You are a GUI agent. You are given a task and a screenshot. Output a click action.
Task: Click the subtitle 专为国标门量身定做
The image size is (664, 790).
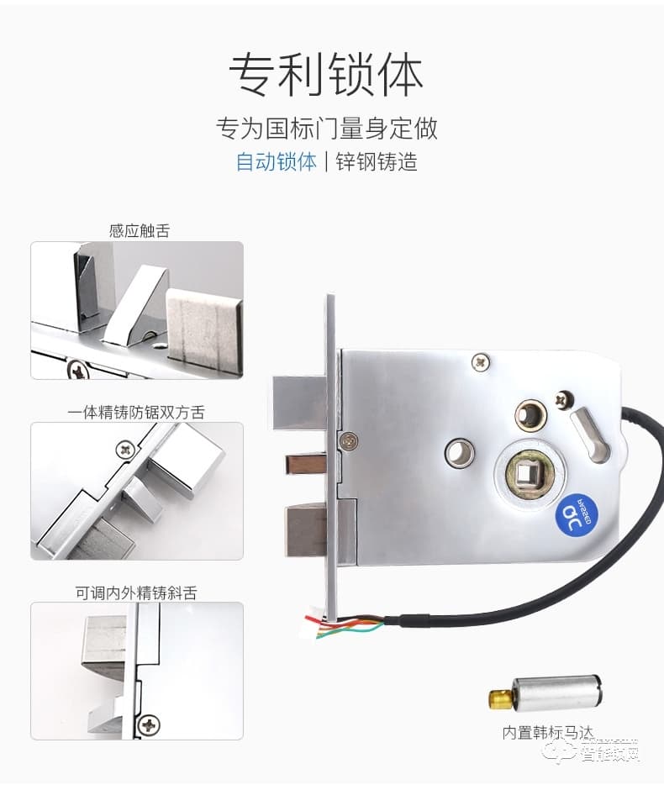[x=327, y=129]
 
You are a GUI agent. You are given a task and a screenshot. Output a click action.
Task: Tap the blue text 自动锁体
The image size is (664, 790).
[x=276, y=161]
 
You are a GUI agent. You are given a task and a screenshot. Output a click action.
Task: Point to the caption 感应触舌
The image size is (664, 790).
[x=139, y=230]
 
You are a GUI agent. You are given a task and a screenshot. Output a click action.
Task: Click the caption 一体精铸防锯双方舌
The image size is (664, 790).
[x=136, y=412]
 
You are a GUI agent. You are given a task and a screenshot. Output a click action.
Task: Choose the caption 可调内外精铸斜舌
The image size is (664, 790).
[x=136, y=592]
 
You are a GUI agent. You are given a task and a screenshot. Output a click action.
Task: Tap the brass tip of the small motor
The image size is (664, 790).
[x=500, y=697]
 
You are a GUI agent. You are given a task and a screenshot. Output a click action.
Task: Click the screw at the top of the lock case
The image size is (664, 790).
[x=480, y=361]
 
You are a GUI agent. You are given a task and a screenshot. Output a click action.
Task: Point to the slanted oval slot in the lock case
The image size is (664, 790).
[x=591, y=434]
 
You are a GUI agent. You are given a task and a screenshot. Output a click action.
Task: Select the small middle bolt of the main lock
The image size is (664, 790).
[x=306, y=464]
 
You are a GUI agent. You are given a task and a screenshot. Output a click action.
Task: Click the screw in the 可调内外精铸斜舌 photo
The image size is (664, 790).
[x=149, y=724]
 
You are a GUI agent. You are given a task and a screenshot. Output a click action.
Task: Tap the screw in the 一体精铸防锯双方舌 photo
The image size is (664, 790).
[x=126, y=450]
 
